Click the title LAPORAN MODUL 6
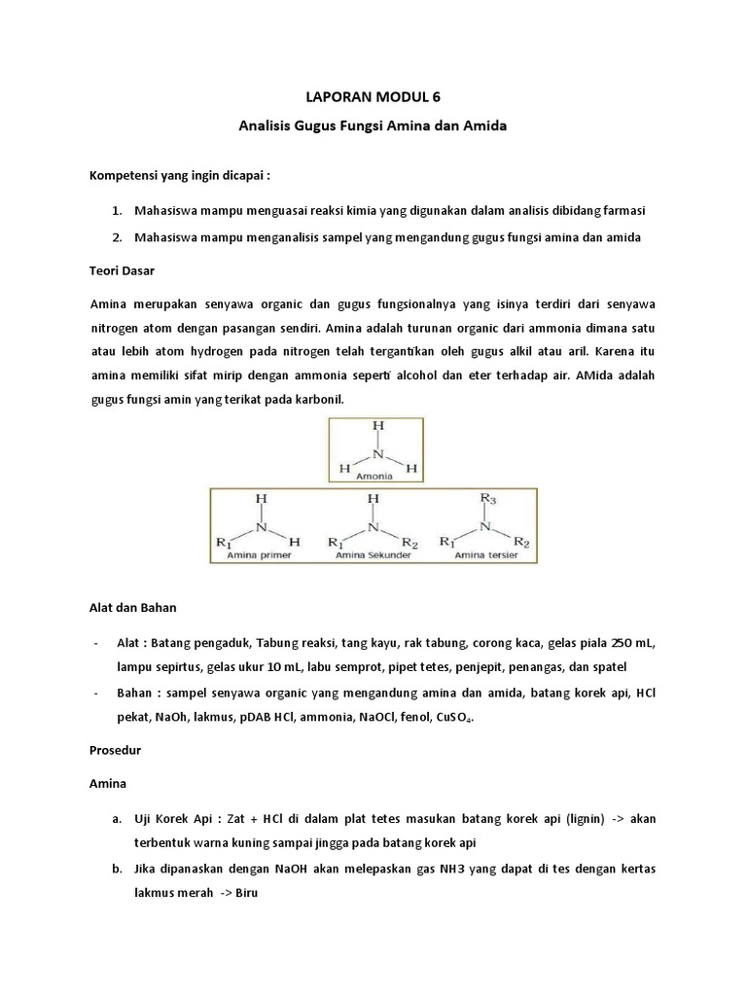[x=373, y=96]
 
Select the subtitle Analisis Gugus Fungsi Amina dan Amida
[x=373, y=125]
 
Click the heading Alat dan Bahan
[x=131, y=607]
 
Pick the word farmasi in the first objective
[x=623, y=210]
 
